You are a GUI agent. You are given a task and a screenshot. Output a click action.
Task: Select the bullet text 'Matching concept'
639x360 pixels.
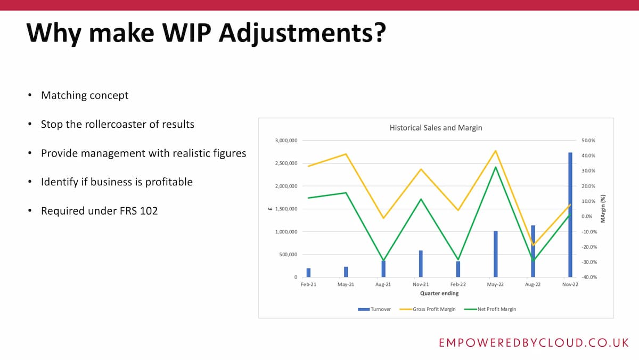pyautogui.click(x=85, y=95)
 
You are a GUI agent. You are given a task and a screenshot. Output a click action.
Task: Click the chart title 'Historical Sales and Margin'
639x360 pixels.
pyautogui.click(x=436, y=128)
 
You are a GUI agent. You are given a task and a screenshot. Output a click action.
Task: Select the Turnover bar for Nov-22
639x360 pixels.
pyautogui.click(x=570, y=215)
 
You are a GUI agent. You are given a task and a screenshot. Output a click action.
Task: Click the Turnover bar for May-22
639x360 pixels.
pyautogui.click(x=495, y=254)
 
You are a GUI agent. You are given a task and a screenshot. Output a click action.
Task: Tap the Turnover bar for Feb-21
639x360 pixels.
pyautogui.click(x=308, y=273)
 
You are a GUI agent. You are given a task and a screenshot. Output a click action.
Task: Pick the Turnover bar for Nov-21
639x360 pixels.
pyautogui.click(x=421, y=264)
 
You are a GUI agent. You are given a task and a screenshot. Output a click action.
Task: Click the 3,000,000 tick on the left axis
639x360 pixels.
pyautogui.click(x=286, y=141)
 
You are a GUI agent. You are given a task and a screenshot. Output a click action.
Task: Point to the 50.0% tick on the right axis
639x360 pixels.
pyautogui.click(x=588, y=141)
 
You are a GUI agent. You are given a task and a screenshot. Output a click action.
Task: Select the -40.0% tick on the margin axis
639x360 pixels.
pyautogui.click(x=588, y=277)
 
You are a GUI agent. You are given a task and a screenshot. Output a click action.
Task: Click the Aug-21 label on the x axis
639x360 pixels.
pyautogui.click(x=383, y=285)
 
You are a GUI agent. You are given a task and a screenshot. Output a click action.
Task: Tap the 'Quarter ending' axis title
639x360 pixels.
pyautogui.click(x=439, y=293)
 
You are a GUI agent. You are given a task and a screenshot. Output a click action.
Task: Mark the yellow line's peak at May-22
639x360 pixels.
pyautogui.click(x=495, y=151)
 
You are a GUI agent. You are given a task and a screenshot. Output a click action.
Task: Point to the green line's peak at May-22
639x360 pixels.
pyautogui.click(x=495, y=167)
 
